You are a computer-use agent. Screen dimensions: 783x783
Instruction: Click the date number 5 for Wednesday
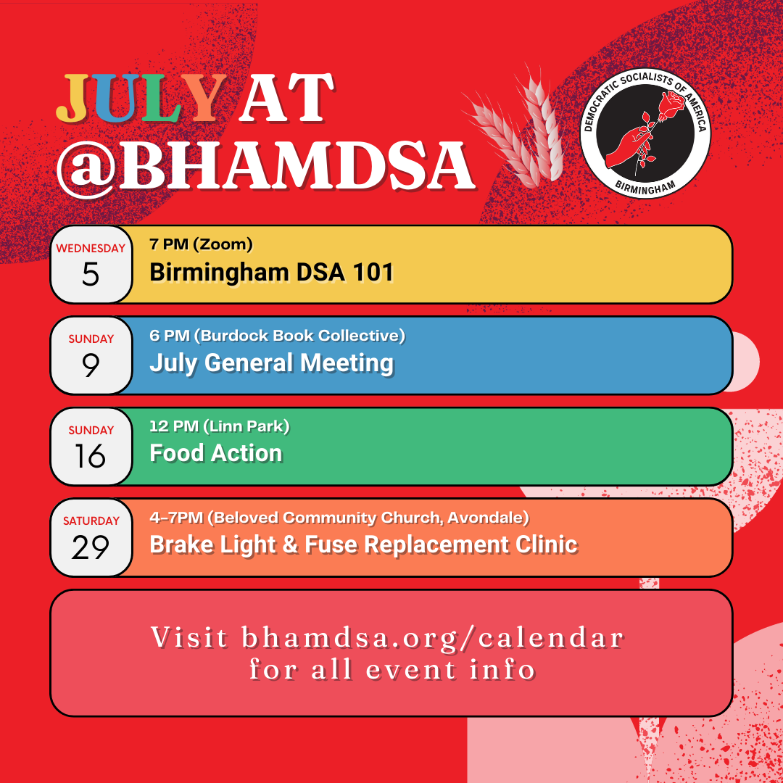[x=91, y=274]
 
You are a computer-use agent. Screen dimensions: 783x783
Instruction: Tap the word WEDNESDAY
[x=91, y=248]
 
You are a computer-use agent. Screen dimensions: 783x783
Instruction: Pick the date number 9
[x=91, y=365]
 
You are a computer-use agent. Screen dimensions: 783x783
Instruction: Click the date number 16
[x=91, y=456]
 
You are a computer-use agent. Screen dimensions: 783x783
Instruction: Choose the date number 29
[x=91, y=547]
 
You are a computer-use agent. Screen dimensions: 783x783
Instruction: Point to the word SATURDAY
[x=91, y=521]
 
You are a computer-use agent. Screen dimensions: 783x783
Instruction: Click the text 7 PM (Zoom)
[x=201, y=244]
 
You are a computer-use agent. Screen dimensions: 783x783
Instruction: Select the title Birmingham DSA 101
[x=272, y=273]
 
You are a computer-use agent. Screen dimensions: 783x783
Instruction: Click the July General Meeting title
[x=272, y=363]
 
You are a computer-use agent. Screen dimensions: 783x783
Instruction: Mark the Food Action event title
[x=216, y=453]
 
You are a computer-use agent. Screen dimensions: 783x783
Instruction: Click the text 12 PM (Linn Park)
[x=219, y=426]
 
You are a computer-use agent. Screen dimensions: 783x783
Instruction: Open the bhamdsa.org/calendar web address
[x=433, y=638]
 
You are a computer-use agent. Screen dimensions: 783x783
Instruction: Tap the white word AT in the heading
[x=286, y=98]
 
